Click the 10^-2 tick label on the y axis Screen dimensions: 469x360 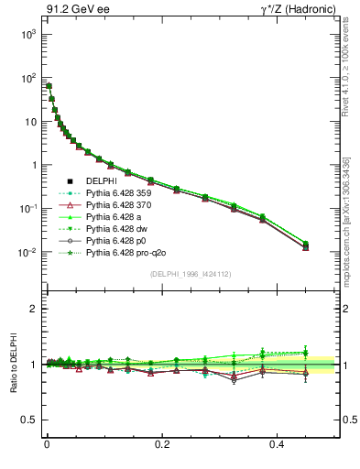[x=25, y=253]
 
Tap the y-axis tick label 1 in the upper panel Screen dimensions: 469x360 [x=32, y=166]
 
